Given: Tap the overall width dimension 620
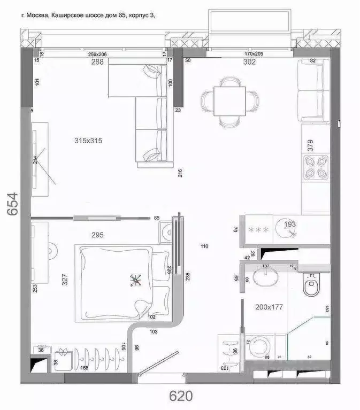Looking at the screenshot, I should [x=181, y=396].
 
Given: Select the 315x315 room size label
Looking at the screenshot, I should [x=88, y=141].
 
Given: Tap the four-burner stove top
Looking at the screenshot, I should [x=315, y=166].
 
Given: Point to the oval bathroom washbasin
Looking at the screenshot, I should [x=264, y=277].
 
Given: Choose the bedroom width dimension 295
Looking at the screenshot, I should [x=97, y=235].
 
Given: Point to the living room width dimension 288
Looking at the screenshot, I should [x=97, y=61].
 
